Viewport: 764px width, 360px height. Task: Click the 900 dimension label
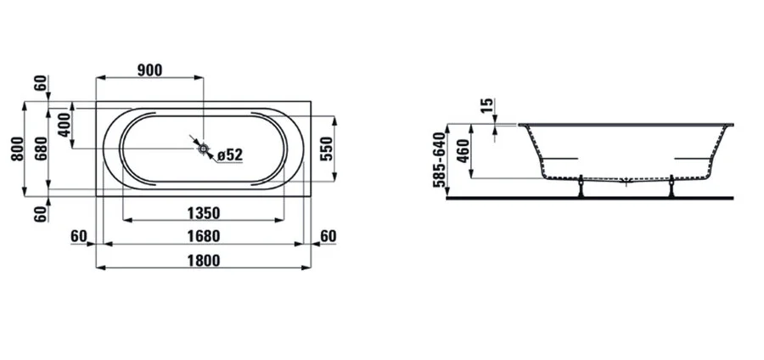[x=149, y=70]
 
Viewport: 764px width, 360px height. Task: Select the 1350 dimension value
[x=204, y=213]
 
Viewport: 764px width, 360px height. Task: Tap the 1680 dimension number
[x=204, y=236]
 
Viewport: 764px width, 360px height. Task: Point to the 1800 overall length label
[x=204, y=260]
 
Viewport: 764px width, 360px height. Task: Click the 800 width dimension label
[x=17, y=149]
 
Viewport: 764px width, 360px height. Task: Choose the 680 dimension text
[x=41, y=149]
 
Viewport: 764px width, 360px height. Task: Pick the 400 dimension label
[x=65, y=125]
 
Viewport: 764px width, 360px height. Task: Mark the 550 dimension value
[x=326, y=149]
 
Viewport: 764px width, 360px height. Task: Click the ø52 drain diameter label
[x=230, y=155]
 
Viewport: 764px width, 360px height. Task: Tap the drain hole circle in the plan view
[x=203, y=148]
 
